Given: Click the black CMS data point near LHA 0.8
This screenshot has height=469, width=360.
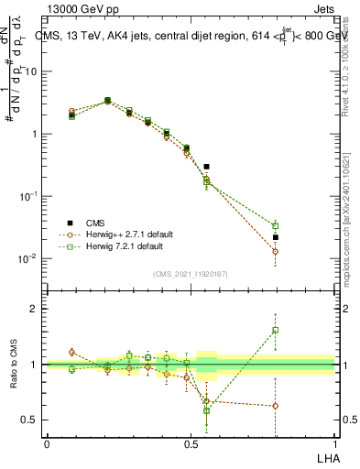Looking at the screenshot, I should [275, 237].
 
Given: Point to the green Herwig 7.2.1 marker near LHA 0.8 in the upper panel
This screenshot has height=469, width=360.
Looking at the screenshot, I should [275, 225].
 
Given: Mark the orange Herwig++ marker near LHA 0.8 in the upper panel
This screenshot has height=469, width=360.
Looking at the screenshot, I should [275, 251].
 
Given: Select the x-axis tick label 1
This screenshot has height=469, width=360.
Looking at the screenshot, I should [334, 443].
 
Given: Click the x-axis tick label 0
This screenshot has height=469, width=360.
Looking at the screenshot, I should [47, 443].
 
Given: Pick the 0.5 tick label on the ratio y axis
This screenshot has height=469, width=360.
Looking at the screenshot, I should [28, 420].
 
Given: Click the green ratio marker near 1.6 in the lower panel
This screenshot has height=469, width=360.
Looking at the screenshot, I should [275, 330].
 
